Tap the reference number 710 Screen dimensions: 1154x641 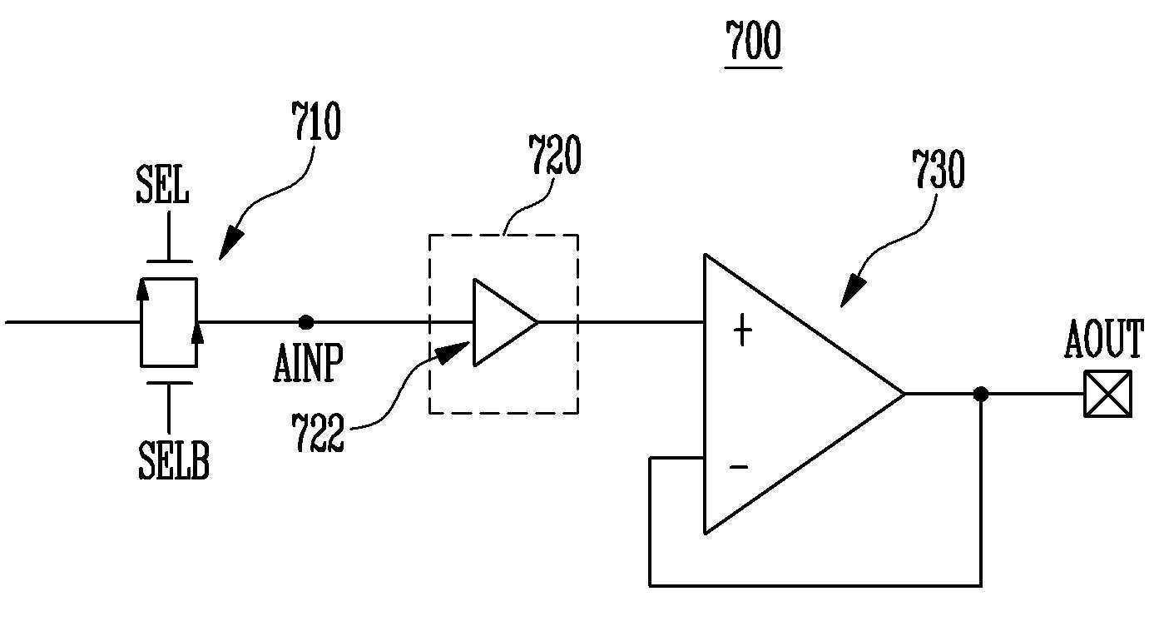coord(316,120)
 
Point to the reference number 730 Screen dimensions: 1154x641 coord(939,168)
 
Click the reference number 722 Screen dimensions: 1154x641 coord(317,433)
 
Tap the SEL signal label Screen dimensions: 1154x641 coord(162,185)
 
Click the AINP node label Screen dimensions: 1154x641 coord(308,363)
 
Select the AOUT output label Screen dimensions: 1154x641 coord(1103,339)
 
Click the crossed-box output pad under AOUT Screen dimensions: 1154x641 coord(1108,394)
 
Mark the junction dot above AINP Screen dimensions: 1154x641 coord(306,322)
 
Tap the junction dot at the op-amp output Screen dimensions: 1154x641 coord(981,395)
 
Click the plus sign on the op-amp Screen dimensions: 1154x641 coord(742,330)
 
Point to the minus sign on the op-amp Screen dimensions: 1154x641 coord(739,467)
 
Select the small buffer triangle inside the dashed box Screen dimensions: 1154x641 coord(505,322)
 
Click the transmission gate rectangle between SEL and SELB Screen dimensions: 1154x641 coord(169,322)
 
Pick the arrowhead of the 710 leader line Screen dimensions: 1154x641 coord(231,244)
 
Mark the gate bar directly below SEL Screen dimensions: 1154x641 coord(169,261)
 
